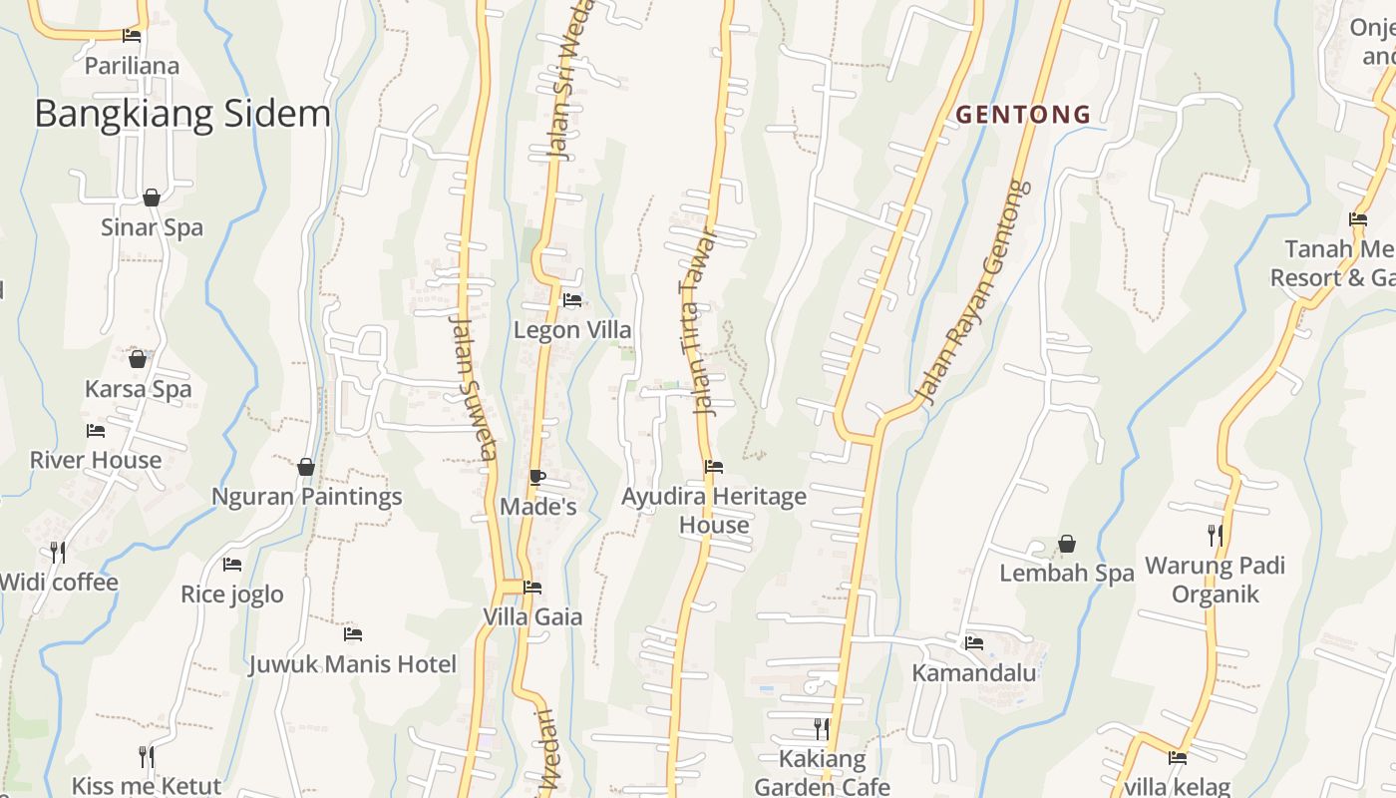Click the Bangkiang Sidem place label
click(182, 114)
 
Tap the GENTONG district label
click(1023, 115)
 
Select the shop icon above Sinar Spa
click(152, 198)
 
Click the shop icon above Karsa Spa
click(138, 359)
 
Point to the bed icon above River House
click(96, 431)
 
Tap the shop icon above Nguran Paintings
click(306, 467)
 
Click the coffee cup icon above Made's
click(537, 477)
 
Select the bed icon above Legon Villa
click(572, 299)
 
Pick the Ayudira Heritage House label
click(714, 510)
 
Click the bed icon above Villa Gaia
click(532, 588)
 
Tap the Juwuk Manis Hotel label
click(353, 664)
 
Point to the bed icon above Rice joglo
click(232, 565)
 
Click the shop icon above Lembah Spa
click(1067, 544)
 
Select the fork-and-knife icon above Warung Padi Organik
click(1215, 536)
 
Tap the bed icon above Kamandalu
click(974, 643)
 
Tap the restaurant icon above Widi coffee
click(58, 552)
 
